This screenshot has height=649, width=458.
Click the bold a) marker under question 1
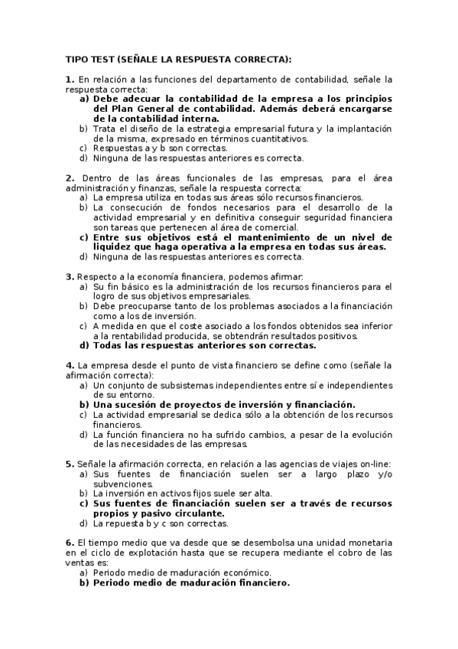coord(84,99)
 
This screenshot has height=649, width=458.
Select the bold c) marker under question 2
coord(84,236)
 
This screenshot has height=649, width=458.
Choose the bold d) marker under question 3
coord(84,345)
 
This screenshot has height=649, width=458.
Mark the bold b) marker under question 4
coord(84,404)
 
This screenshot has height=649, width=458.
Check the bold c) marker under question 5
coord(84,504)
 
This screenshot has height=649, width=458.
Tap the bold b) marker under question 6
coord(84,582)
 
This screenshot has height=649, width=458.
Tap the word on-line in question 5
coord(375,464)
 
